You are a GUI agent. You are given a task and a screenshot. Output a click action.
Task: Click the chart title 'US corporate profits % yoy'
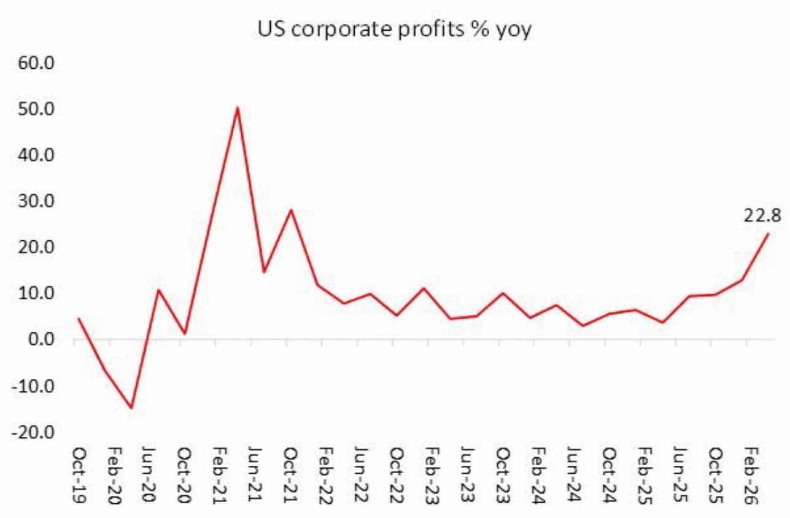click(394, 29)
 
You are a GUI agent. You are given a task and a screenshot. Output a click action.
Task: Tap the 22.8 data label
click(762, 216)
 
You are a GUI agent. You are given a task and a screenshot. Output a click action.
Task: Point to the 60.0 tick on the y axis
click(36, 63)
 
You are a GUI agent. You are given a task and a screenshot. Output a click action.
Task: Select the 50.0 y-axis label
click(36, 109)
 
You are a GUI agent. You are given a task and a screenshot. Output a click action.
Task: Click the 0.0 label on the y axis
click(41, 339)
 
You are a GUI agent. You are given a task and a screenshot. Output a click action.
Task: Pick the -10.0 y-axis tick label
click(33, 386)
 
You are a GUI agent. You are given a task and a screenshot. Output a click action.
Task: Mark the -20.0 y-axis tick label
click(33, 432)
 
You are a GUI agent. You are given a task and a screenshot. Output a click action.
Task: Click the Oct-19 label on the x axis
click(79, 475)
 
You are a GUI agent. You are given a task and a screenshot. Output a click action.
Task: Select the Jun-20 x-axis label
click(149, 475)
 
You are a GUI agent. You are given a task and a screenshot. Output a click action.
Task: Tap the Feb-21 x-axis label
click(220, 475)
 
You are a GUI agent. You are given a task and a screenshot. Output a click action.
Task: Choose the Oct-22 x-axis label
click(397, 475)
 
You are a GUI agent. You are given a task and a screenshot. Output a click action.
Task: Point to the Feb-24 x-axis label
click(538, 475)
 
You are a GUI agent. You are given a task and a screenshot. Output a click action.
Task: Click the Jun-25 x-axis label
click(680, 475)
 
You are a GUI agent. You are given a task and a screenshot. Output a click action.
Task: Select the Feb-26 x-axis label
click(751, 475)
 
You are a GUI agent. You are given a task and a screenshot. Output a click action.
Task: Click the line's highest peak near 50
click(238, 108)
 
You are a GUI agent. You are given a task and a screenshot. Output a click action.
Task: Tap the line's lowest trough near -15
click(131, 408)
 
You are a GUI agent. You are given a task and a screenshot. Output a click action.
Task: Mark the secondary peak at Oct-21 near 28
click(291, 210)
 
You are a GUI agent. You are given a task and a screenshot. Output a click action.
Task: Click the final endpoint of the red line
click(769, 233)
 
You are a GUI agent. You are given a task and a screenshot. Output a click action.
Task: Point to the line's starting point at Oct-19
click(79, 318)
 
